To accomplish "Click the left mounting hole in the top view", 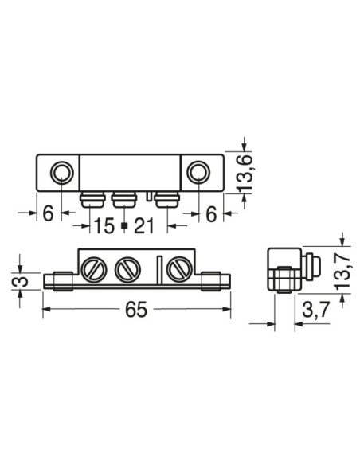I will point(61,172).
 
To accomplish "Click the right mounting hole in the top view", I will point(198,172).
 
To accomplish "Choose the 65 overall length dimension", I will point(136,310).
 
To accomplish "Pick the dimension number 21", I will point(143,226).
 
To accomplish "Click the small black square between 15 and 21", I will point(124,227).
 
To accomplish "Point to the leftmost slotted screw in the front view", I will point(94,270).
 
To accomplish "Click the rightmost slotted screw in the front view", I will point(177,270).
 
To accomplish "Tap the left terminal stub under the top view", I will point(93,198).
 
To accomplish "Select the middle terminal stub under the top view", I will point(124,198).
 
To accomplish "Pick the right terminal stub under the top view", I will point(164,198).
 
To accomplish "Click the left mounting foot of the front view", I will point(60,281).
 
